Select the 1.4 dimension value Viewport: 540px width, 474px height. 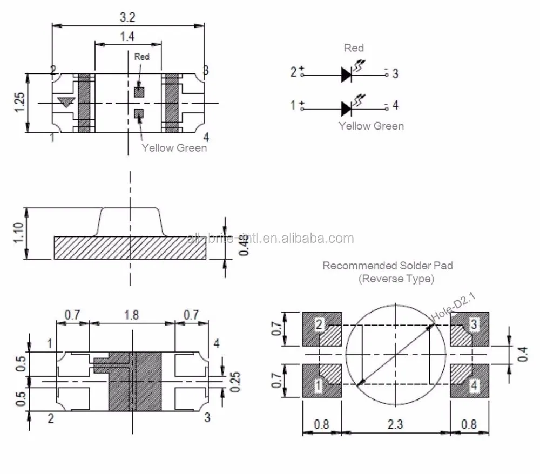click(x=127, y=37)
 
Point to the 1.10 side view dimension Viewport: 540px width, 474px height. click(x=19, y=233)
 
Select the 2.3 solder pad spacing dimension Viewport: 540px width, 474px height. click(x=395, y=424)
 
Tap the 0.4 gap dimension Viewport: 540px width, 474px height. click(x=522, y=354)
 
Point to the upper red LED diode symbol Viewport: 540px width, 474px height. click(x=347, y=75)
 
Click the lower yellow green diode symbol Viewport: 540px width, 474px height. click(x=347, y=109)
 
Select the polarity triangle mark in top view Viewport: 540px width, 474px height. click(x=65, y=102)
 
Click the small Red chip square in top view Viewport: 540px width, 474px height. click(x=139, y=92)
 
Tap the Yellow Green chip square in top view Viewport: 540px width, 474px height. click(x=139, y=113)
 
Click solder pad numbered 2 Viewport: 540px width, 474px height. click(x=322, y=329)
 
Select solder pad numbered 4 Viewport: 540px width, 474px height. click(x=469, y=381)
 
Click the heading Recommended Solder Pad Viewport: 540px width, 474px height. click(x=387, y=266)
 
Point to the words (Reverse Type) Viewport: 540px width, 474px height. click(x=396, y=279)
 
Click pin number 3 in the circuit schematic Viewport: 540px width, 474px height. click(x=395, y=74)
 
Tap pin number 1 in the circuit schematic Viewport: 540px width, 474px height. click(x=293, y=105)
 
